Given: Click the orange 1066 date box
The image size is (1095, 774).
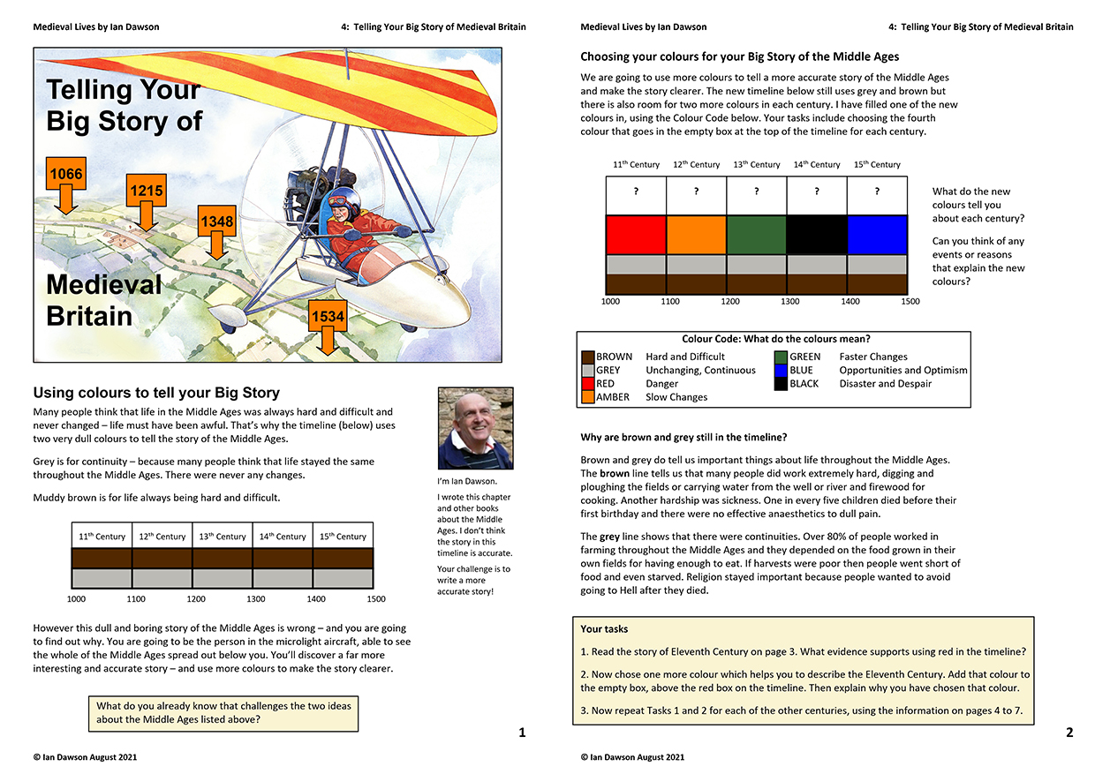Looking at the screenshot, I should pyautogui.click(x=66, y=174).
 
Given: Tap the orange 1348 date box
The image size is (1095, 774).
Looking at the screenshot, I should pyautogui.click(x=217, y=222).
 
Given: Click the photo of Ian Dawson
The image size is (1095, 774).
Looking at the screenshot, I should pyautogui.click(x=475, y=429).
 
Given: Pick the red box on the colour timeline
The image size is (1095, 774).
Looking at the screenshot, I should pyautogui.click(x=636, y=235).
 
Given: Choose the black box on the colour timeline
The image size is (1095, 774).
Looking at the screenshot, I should pyautogui.click(x=817, y=235).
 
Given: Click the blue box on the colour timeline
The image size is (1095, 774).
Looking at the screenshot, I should pyautogui.click(x=877, y=235).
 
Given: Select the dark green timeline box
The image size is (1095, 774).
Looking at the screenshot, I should pyautogui.click(x=756, y=235).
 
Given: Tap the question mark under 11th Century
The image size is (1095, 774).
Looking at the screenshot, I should pyautogui.click(x=636, y=191).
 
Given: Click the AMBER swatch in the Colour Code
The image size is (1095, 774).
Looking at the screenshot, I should pyautogui.click(x=587, y=397).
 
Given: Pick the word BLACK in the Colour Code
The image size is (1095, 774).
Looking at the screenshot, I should pyautogui.click(x=804, y=384).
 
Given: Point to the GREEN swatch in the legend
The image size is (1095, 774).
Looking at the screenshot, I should pyautogui.click(x=781, y=357).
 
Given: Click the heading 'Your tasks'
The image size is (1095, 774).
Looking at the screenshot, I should pyautogui.click(x=604, y=629).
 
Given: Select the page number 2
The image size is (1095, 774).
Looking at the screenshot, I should pyautogui.click(x=1069, y=733).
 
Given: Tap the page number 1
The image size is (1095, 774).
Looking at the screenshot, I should pyautogui.click(x=522, y=733).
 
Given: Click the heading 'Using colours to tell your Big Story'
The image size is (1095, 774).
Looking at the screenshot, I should pyautogui.click(x=156, y=393).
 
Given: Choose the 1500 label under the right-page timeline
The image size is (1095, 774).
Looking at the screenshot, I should pyautogui.click(x=910, y=302).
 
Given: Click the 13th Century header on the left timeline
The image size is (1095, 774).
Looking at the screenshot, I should pyautogui.click(x=223, y=537).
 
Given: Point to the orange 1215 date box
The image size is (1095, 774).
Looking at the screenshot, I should pyautogui.click(x=147, y=190).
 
